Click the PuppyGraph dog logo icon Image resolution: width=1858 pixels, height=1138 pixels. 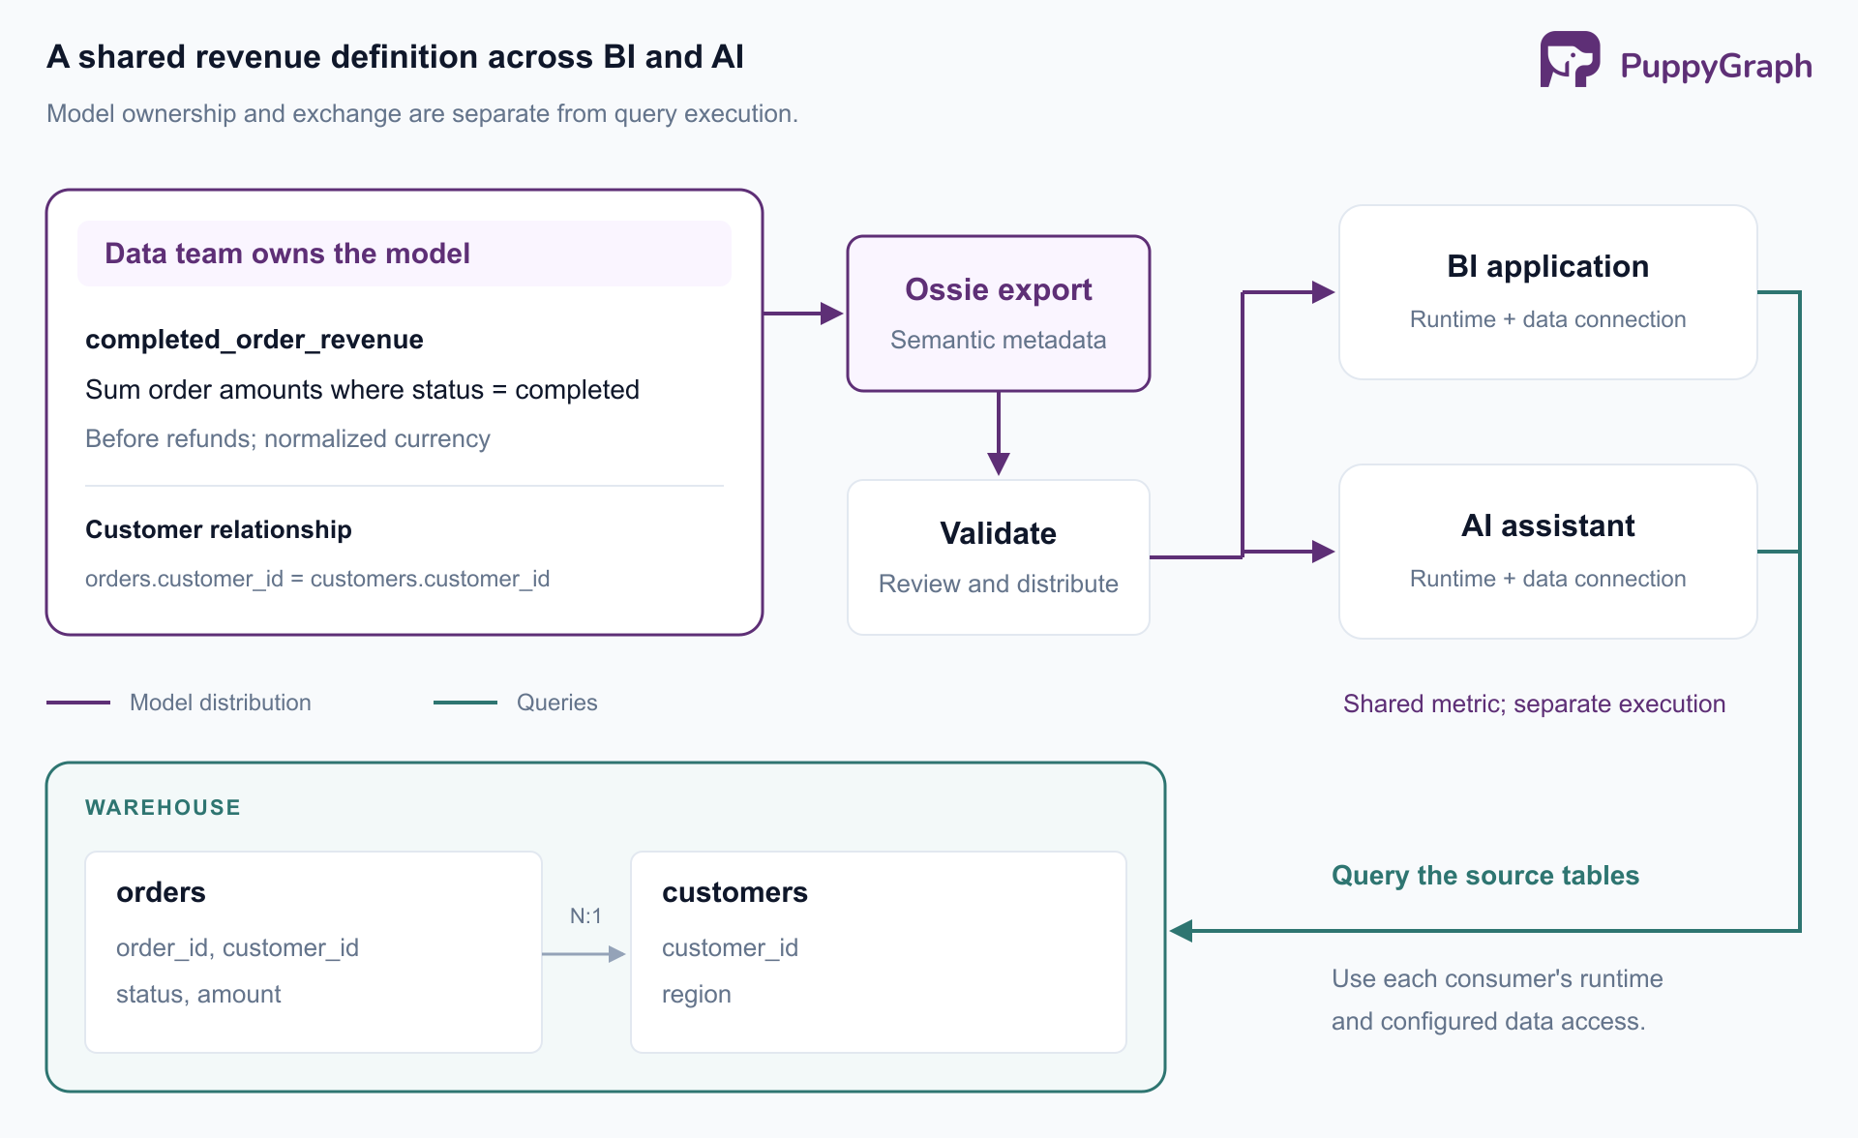1570,60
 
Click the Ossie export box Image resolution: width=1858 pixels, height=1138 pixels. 999,314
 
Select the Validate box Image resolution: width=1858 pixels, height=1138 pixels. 999,557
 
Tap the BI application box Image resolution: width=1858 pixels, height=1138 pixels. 1548,292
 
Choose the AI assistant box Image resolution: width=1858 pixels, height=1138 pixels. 1548,552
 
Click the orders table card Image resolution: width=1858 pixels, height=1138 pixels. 314,952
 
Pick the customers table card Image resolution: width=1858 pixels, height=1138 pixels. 879,952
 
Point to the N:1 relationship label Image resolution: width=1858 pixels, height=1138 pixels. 585,915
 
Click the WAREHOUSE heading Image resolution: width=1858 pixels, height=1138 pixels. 163,807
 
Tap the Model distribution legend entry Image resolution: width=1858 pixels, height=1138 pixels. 179,703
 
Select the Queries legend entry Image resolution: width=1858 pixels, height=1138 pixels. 516,703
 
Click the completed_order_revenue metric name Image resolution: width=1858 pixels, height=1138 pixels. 255,340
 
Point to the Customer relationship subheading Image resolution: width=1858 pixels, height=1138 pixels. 219,529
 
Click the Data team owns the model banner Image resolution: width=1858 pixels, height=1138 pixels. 405,254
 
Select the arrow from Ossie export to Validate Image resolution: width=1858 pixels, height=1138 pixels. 999,434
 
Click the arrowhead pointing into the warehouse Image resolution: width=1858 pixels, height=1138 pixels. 1181,931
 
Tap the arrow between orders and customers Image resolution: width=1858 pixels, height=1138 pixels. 584,954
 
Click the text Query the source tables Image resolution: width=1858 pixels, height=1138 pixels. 1485,876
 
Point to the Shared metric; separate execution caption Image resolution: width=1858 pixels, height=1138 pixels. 1535,704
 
